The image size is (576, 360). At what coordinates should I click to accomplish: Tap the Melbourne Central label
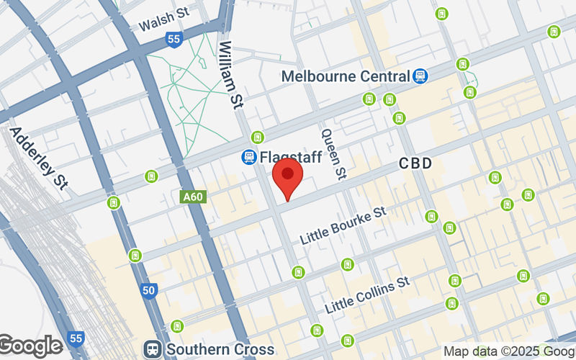pyautogui.click(x=345, y=76)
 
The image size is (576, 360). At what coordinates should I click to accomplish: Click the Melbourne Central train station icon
pyautogui.click(x=420, y=75)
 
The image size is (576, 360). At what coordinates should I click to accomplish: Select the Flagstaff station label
pyautogui.click(x=291, y=156)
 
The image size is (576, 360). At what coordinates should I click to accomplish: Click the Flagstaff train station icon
pyautogui.click(x=249, y=156)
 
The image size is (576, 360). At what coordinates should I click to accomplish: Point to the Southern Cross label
pyautogui.click(x=220, y=349)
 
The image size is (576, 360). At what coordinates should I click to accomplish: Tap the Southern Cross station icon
pyautogui.click(x=153, y=349)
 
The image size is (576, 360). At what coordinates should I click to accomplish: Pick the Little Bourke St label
pyautogui.click(x=344, y=225)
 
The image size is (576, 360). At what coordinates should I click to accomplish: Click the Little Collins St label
pyautogui.click(x=367, y=294)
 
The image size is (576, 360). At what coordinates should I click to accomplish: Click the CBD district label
pyautogui.click(x=416, y=164)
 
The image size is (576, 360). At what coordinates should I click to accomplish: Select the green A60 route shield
pyautogui.click(x=191, y=196)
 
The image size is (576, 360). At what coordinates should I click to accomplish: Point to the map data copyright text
pyautogui.click(x=508, y=351)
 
